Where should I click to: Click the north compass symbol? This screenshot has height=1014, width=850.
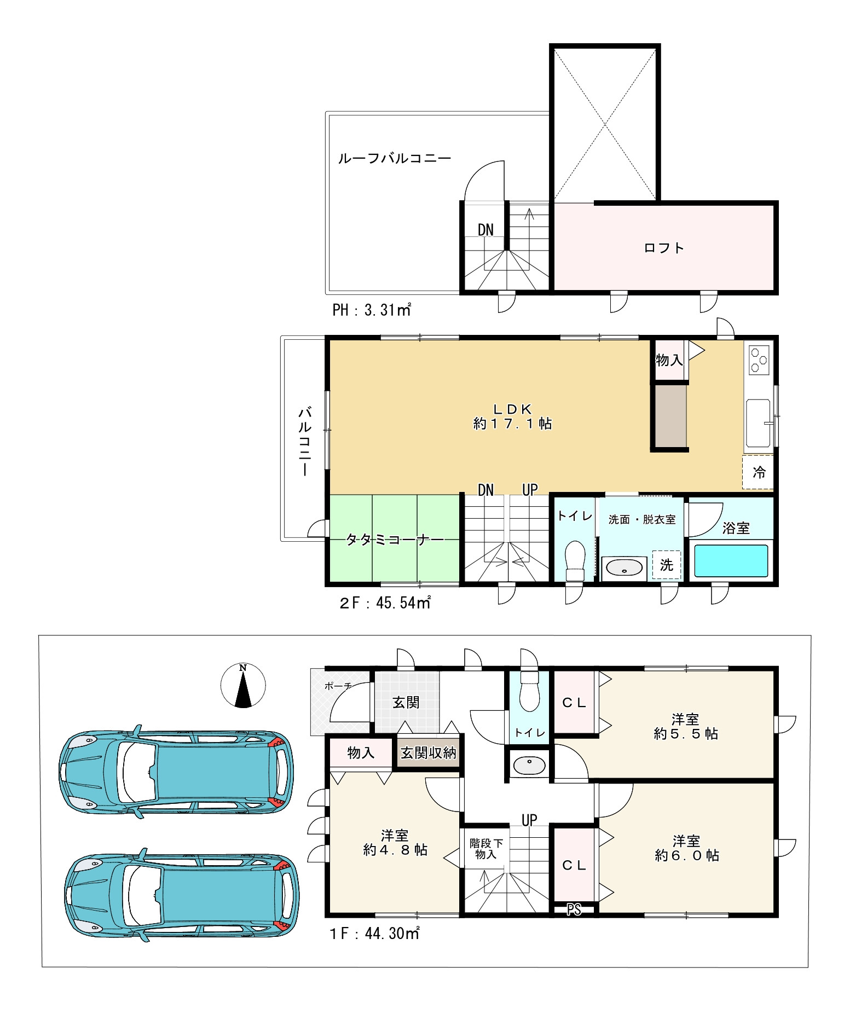[243, 685]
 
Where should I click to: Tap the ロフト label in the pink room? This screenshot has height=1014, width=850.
[664, 248]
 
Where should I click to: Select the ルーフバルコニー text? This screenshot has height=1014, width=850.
[395, 159]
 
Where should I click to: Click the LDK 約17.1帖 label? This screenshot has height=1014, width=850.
[512, 416]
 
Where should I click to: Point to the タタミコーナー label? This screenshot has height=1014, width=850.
[395, 540]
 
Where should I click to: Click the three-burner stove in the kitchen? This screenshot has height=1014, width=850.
[759, 360]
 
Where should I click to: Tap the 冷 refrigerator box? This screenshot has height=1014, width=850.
[758, 472]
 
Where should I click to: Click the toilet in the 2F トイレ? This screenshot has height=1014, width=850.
[575, 560]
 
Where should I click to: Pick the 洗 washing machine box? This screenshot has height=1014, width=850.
[667, 565]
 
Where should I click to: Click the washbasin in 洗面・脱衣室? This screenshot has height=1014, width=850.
[624, 568]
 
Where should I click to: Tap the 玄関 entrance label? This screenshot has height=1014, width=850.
[406, 702]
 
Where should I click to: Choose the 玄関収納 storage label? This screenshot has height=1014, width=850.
[428, 753]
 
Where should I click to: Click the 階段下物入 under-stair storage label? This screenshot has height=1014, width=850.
[485, 849]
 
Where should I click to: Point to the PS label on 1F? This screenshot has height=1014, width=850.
[574, 909]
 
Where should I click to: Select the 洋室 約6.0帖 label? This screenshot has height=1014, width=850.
[686, 848]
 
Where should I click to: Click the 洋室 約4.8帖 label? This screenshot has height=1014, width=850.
[395, 843]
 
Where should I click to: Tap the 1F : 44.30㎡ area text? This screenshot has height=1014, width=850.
[374, 933]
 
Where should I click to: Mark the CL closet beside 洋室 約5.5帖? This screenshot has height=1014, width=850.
[574, 703]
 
